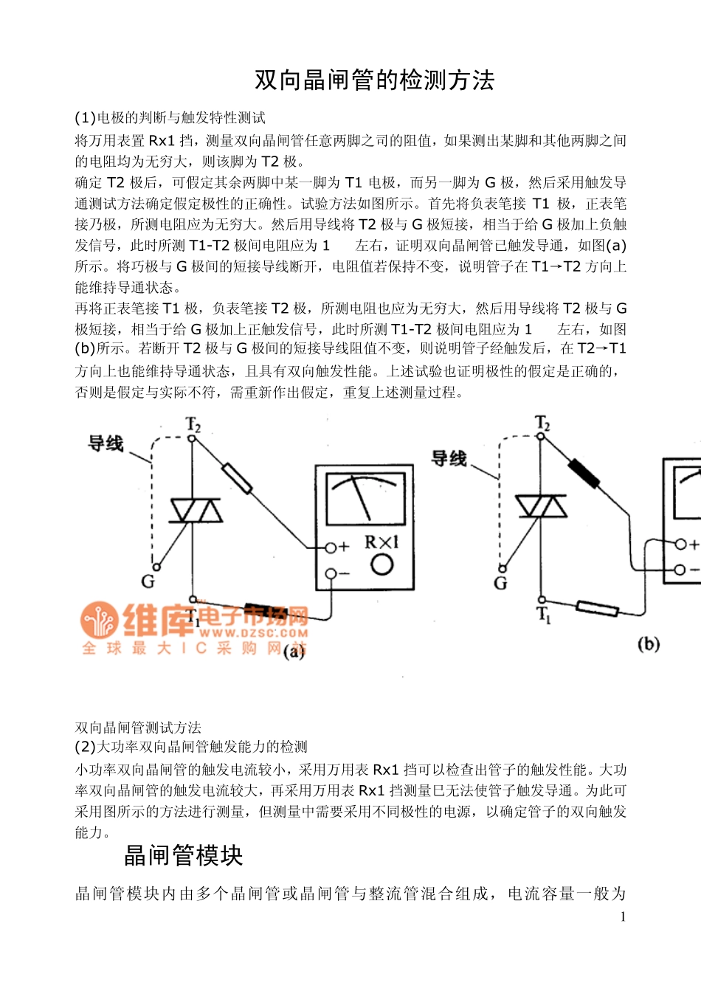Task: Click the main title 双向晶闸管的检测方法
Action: pyautogui.click(x=374, y=80)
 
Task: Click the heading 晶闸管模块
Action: pyautogui.click(x=183, y=855)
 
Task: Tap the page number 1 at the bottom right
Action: pyautogui.click(x=623, y=917)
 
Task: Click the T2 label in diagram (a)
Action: pyautogui.click(x=193, y=424)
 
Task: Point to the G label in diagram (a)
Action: pyautogui.click(x=148, y=581)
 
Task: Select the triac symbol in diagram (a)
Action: pyautogui.click(x=196, y=510)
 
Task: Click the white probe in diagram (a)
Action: pyautogui.click(x=237, y=477)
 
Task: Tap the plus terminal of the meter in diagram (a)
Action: pyautogui.click(x=331, y=547)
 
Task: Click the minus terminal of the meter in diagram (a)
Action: pyautogui.click(x=331, y=573)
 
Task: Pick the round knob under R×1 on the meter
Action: pyautogui.click(x=381, y=565)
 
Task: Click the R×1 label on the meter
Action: pyautogui.click(x=381, y=542)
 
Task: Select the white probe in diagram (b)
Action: pyautogui.click(x=598, y=608)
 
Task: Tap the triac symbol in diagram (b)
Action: pyautogui.click(x=541, y=506)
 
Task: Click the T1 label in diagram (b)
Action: pyautogui.click(x=544, y=615)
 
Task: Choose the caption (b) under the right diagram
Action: pyautogui.click(x=648, y=644)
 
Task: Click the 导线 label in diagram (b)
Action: pyautogui.click(x=449, y=458)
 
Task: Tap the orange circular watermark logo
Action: pyautogui.click(x=99, y=620)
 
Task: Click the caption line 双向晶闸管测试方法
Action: pyautogui.click(x=138, y=728)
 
